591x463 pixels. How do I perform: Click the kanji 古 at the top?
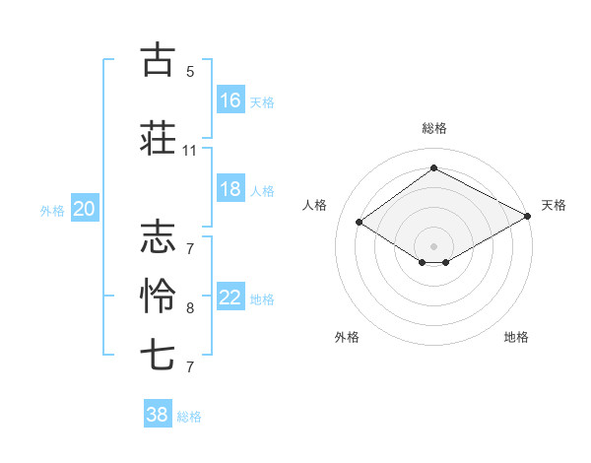pos(159,59)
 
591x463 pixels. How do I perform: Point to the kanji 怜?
pos(159,296)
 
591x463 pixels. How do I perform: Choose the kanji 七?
pos(159,354)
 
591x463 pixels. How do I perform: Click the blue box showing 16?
pos(230,100)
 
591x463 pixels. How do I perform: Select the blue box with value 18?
pos(230,189)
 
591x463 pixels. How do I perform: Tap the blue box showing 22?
pos(230,298)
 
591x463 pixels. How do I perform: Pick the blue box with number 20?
pos(85,209)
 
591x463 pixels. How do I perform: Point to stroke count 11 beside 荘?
pos(189,151)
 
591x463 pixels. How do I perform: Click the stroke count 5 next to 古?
pos(190,71)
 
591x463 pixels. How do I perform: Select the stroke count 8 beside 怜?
pos(190,308)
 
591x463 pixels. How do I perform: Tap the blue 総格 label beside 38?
pos(189,417)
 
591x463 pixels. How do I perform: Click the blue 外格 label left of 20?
pos(52,210)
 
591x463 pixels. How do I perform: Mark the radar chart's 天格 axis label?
pos(554,205)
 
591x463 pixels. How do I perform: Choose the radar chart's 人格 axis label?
pos(314,205)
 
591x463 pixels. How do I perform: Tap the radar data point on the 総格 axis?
pos(433,168)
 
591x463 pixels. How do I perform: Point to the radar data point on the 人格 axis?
pos(360,223)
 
